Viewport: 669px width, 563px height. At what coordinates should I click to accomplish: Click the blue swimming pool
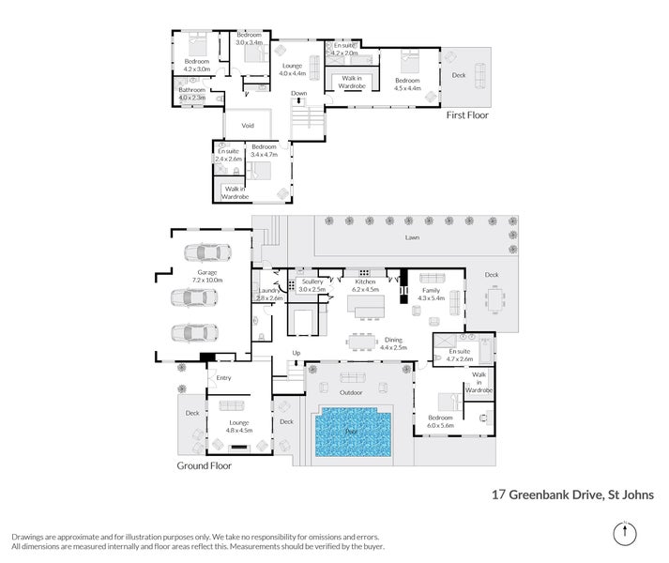coord(352,433)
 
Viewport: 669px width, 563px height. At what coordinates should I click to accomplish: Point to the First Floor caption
coord(466,114)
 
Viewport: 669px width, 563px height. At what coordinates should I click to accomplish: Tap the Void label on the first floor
coord(248,125)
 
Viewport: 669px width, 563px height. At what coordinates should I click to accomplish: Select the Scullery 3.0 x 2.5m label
coord(312,285)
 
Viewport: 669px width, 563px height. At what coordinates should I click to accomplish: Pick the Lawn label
coord(412,238)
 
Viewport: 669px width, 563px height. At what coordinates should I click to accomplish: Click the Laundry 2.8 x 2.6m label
coord(269,294)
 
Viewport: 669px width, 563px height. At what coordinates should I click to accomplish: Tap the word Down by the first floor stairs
coord(298,94)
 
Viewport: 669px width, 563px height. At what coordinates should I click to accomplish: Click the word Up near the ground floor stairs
coord(296,353)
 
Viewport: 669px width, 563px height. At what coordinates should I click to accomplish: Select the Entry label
coord(223,378)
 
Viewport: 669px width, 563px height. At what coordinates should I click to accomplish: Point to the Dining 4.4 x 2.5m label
coord(395,343)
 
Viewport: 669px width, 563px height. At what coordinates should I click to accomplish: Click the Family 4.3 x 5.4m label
coord(432,295)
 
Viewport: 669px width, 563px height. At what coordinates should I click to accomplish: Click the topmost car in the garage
coord(205,252)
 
